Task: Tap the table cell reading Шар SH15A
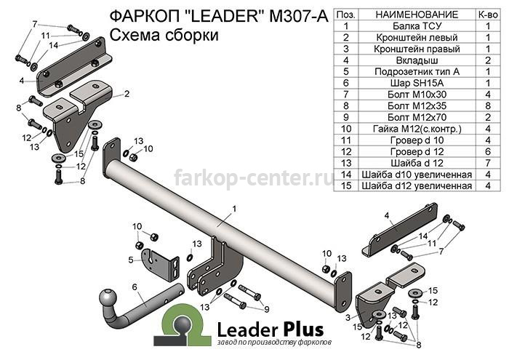click(417, 83)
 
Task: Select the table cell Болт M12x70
click(417, 117)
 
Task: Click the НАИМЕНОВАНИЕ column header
click(417, 15)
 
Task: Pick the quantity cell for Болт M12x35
click(488, 106)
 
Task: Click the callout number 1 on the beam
click(234, 209)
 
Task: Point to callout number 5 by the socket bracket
click(131, 260)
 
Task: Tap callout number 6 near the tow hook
click(135, 287)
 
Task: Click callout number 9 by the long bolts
click(267, 309)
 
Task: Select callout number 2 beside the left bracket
click(127, 94)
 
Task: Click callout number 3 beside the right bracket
click(348, 317)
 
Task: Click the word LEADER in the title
click(224, 16)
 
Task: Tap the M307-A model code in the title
click(299, 16)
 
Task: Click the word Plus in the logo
click(303, 329)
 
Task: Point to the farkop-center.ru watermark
click(254, 177)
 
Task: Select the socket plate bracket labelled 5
click(161, 265)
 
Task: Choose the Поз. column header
click(345, 15)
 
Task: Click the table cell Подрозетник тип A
click(417, 72)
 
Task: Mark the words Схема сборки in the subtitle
click(164, 35)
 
